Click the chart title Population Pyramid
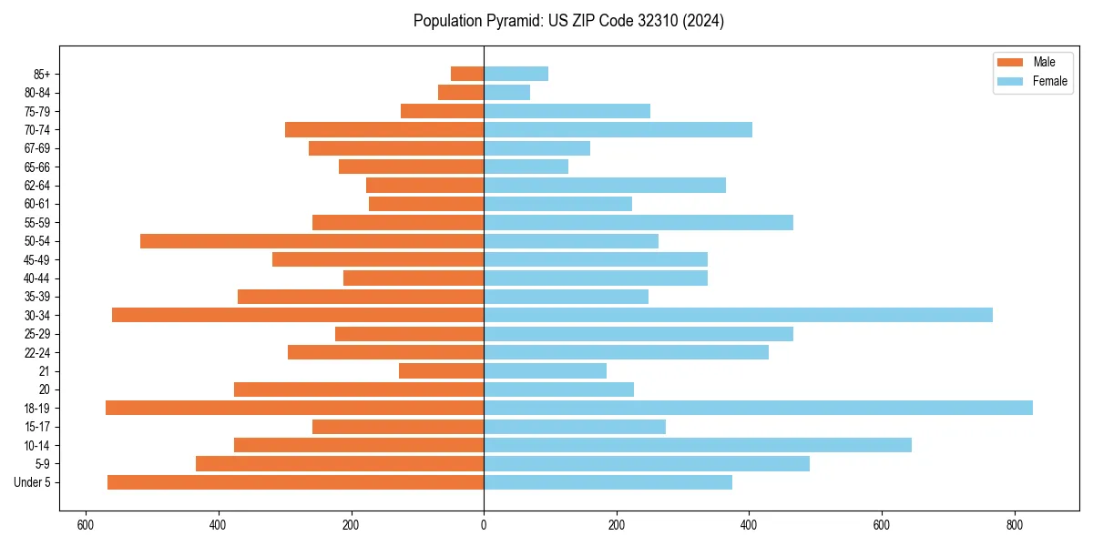point(568,21)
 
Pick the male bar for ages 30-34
point(298,315)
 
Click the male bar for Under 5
point(296,482)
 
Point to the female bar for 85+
point(516,74)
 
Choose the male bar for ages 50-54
point(312,241)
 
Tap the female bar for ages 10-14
point(698,445)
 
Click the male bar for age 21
point(441,370)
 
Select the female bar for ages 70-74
point(618,129)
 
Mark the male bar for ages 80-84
point(461,92)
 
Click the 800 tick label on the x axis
point(1014,525)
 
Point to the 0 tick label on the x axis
point(484,525)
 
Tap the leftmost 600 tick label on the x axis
point(86,525)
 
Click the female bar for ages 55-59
point(638,222)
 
